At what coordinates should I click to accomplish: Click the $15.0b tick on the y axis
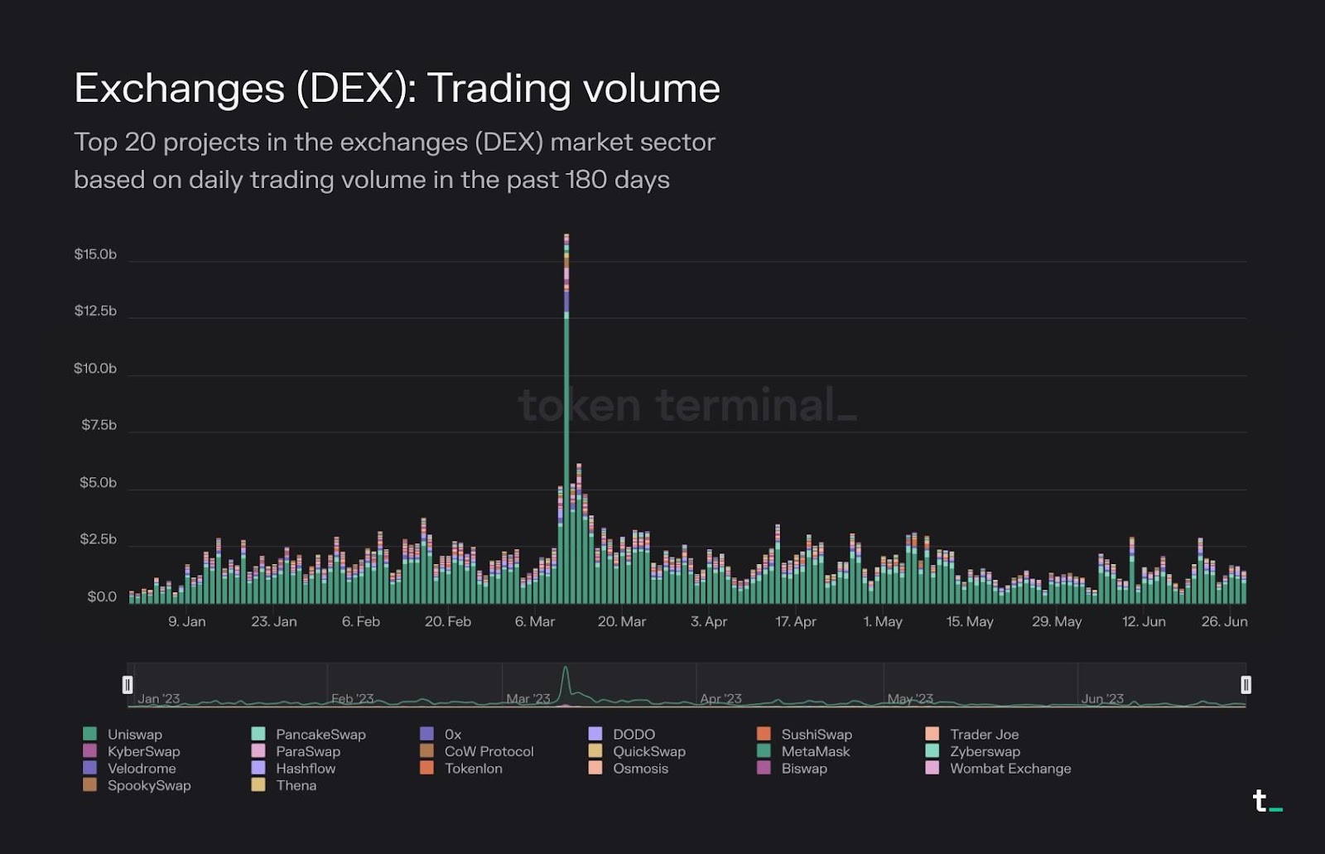(x=95, y=254)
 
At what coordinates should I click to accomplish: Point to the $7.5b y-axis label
(x=99, y=425)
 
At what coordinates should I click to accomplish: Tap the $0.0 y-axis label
(x=102, y=596)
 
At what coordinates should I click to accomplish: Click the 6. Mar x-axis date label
(x=534, y=621)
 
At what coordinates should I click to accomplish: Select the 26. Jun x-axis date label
(x=1224, y=621)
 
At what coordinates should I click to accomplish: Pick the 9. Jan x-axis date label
(x=187, y=621)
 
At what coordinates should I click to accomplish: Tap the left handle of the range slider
(x=128, y=685)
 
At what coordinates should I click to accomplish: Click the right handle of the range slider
(x=1245, y=685)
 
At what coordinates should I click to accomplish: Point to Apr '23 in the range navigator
(x=720, y=699)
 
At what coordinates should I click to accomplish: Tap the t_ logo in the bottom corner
(x=1265, y=801)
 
